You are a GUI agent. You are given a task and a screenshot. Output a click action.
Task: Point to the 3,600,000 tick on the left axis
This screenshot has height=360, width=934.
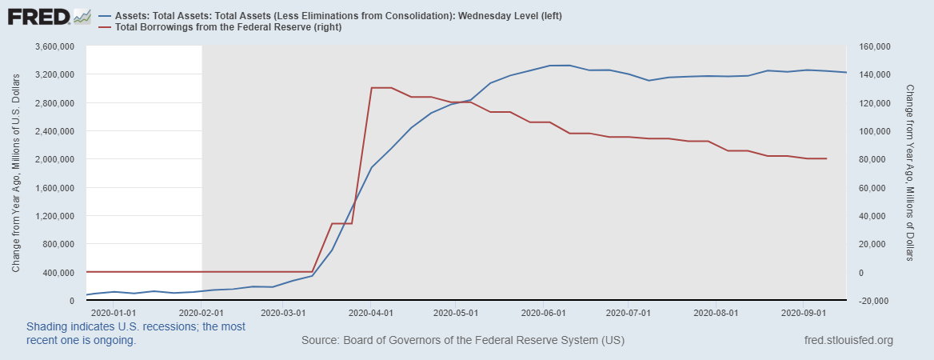click(x=54, y=46)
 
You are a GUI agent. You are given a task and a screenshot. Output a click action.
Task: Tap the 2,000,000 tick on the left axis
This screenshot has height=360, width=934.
click(x=54, y=159)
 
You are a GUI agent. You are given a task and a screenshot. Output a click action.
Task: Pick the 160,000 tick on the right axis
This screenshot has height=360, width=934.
click(x=872, y=46)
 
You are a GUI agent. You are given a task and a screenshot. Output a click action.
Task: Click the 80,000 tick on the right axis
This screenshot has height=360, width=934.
click(x=870, y=159)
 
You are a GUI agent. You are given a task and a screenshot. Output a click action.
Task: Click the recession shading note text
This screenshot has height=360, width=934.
click(x=136, y=334)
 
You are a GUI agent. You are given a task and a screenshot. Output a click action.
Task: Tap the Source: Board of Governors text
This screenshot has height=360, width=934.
click(x=463, y=341)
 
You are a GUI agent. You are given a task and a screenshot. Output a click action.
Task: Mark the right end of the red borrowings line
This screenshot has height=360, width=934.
click(x=826, y=158)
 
